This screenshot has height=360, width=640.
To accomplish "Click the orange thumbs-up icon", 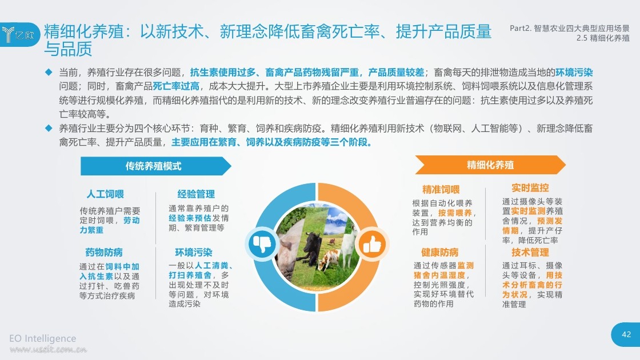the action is pos(371,245).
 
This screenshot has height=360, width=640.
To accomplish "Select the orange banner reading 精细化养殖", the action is pos(490,165).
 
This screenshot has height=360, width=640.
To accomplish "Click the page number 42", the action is pos(626,335).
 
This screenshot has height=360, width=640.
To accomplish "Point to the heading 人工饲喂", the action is pos(105,194).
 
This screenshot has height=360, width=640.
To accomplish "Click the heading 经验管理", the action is pos(196,194).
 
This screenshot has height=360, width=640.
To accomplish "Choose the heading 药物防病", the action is pos(104,253).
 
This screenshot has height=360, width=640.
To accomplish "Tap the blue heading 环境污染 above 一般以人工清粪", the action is pos(194,253).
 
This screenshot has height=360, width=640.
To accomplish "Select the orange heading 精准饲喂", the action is pos(441,190).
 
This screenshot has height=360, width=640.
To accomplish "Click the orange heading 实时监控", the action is pos(530,188).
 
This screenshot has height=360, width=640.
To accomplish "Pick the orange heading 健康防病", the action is pos(440,253).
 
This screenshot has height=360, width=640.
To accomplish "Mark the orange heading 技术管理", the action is pos(530,253).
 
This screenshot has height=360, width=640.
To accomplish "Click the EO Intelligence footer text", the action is pos(42,338).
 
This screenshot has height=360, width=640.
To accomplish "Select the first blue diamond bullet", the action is pos(49,72).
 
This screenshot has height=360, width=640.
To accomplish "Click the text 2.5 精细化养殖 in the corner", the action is pos(603,38).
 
